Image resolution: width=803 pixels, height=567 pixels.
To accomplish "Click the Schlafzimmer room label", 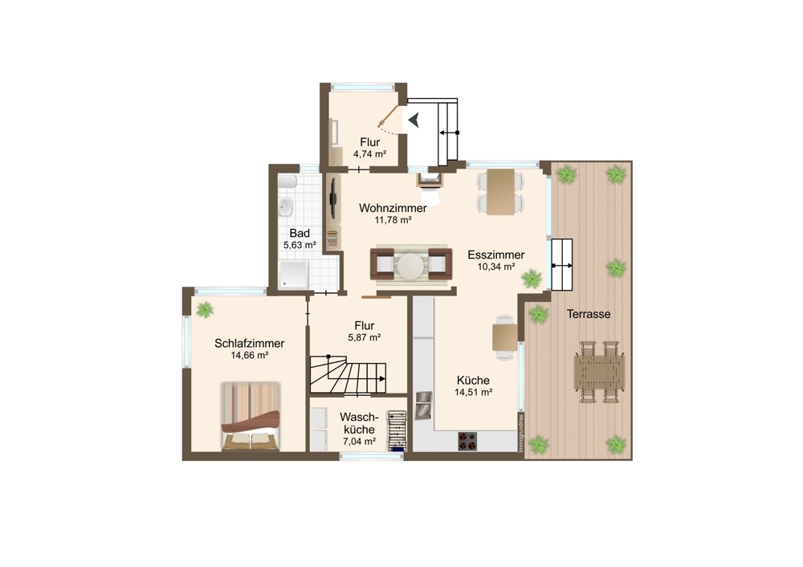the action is (250, 343).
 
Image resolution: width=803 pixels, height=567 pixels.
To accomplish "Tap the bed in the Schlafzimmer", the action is (251, 416).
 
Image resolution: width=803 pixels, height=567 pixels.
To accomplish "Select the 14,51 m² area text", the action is (473, 393).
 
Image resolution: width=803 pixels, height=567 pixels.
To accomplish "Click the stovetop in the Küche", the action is (467, 442).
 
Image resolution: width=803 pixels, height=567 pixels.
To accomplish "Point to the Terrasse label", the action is (589, 314).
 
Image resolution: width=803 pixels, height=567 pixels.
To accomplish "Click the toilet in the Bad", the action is (287, 182).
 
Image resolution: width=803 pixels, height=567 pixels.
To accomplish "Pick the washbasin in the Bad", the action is (286, 207).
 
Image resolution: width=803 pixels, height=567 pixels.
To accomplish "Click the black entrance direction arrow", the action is (414, 120).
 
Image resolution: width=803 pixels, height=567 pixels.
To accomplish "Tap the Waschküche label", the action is (359, 423).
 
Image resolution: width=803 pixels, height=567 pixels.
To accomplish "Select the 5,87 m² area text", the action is (364, 337).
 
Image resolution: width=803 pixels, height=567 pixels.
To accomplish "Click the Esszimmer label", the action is (495, 255).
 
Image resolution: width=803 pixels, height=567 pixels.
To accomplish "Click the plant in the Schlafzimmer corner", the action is (206, 309).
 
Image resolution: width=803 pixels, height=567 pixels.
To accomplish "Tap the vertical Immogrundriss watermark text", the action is (521, 432).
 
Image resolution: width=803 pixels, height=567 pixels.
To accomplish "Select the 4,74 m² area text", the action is (369, 153).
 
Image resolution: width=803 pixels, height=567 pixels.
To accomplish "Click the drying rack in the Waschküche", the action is (397, 430).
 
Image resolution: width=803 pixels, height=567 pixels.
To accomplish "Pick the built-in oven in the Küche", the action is (423, 405).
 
